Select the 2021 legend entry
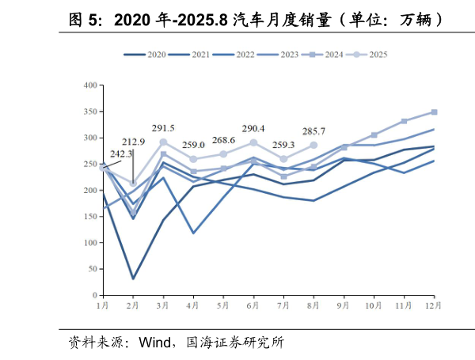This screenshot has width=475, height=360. pos(189,55)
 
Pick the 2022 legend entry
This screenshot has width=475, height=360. pos(234,55)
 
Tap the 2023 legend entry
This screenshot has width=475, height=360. pos(278,55)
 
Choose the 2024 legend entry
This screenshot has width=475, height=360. pos(322,55)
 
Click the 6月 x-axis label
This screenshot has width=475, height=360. pos(253,305)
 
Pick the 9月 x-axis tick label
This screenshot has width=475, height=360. pos(343,305)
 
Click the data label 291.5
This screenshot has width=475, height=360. pos(163,127)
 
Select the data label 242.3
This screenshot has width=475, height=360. pos(121,153)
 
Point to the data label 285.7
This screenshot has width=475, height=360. pos(314,131)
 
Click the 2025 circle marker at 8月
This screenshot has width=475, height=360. pos(313,146)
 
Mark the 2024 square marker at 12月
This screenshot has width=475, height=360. pos(434,112)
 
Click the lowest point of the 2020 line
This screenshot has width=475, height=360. pos(133,279)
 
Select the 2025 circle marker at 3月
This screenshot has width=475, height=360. pos(163,142)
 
